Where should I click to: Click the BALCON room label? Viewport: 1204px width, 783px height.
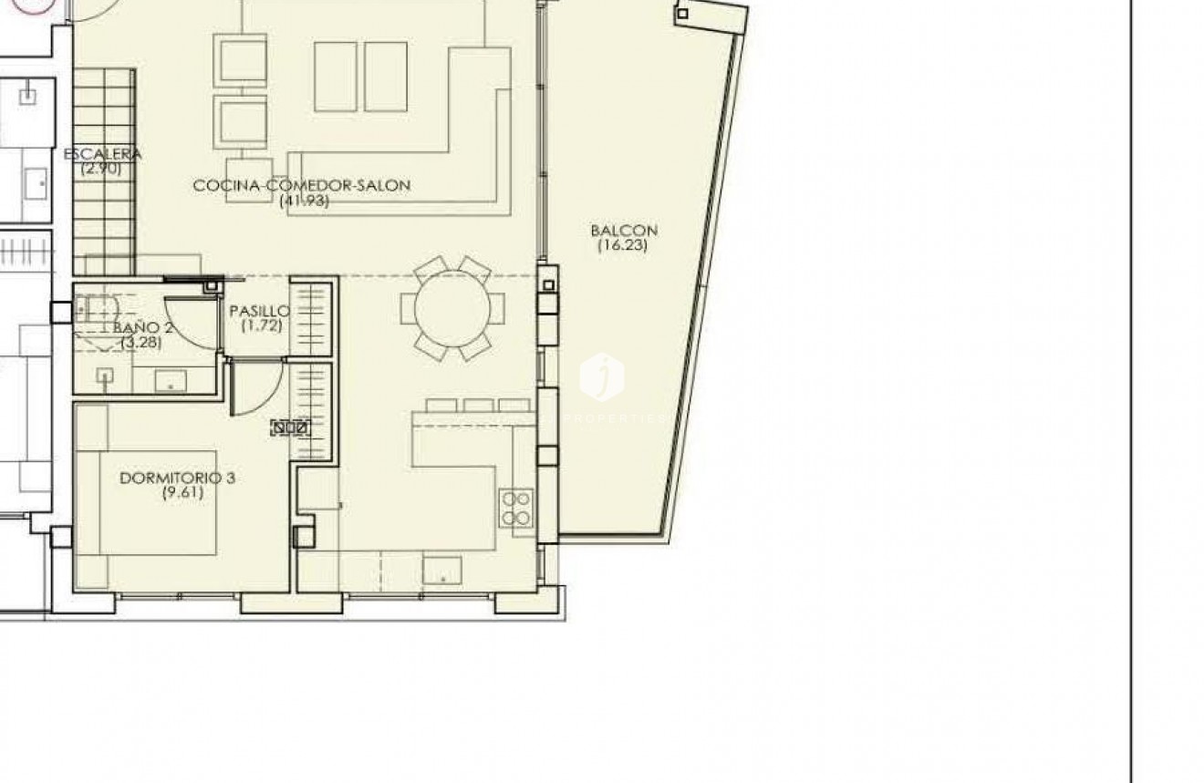(x=624, y=231)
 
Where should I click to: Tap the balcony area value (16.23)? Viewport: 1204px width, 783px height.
(x=624, y=245)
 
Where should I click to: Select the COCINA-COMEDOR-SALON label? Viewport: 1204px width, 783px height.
(x=302, y=185)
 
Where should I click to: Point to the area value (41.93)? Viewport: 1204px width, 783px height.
(x=304, y=201)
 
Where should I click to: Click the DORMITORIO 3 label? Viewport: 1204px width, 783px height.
(x=177, y=478)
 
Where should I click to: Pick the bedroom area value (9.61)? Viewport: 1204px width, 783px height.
(x=182, y=493)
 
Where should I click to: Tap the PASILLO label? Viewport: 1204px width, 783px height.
(x=260, y=311)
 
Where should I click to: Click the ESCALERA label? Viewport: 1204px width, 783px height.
(x=102, y=154)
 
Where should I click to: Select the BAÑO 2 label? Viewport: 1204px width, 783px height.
(x=143, y=327)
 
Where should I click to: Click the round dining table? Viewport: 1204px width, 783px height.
(x=452, y=308)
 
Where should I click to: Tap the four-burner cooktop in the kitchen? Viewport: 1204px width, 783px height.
(x=516, y=508)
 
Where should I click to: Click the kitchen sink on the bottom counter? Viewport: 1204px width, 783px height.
(x=441, y=571)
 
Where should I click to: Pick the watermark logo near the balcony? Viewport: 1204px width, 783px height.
(x=602, y=376)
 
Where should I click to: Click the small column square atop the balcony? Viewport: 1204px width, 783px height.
(x=682, y=14)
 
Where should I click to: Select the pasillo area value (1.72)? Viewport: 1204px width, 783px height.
(x=262, y=325)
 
